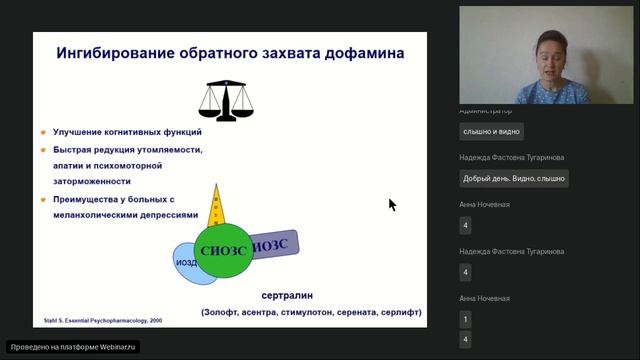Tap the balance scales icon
[224, 99]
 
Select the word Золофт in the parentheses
[228, 312]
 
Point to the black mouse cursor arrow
[392, 204]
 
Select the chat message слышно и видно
[491, 131]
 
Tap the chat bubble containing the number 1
[465, 320]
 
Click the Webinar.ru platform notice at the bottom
[73, 347]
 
